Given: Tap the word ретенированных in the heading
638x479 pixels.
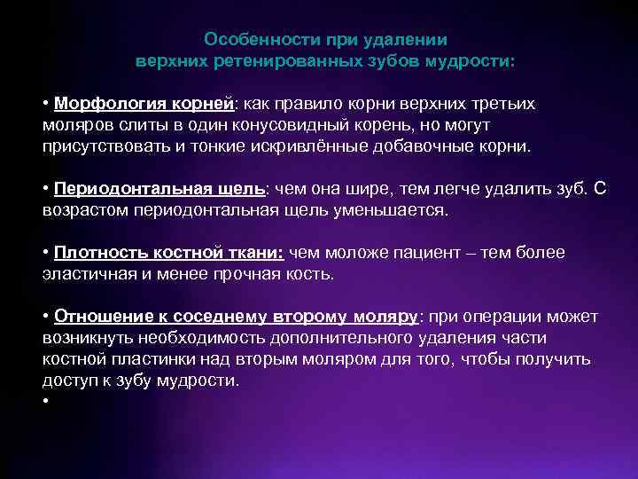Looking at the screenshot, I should (292, 63).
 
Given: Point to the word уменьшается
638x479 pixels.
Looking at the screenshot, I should (399, 210).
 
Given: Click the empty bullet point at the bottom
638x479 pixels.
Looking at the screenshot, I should (45, 401).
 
